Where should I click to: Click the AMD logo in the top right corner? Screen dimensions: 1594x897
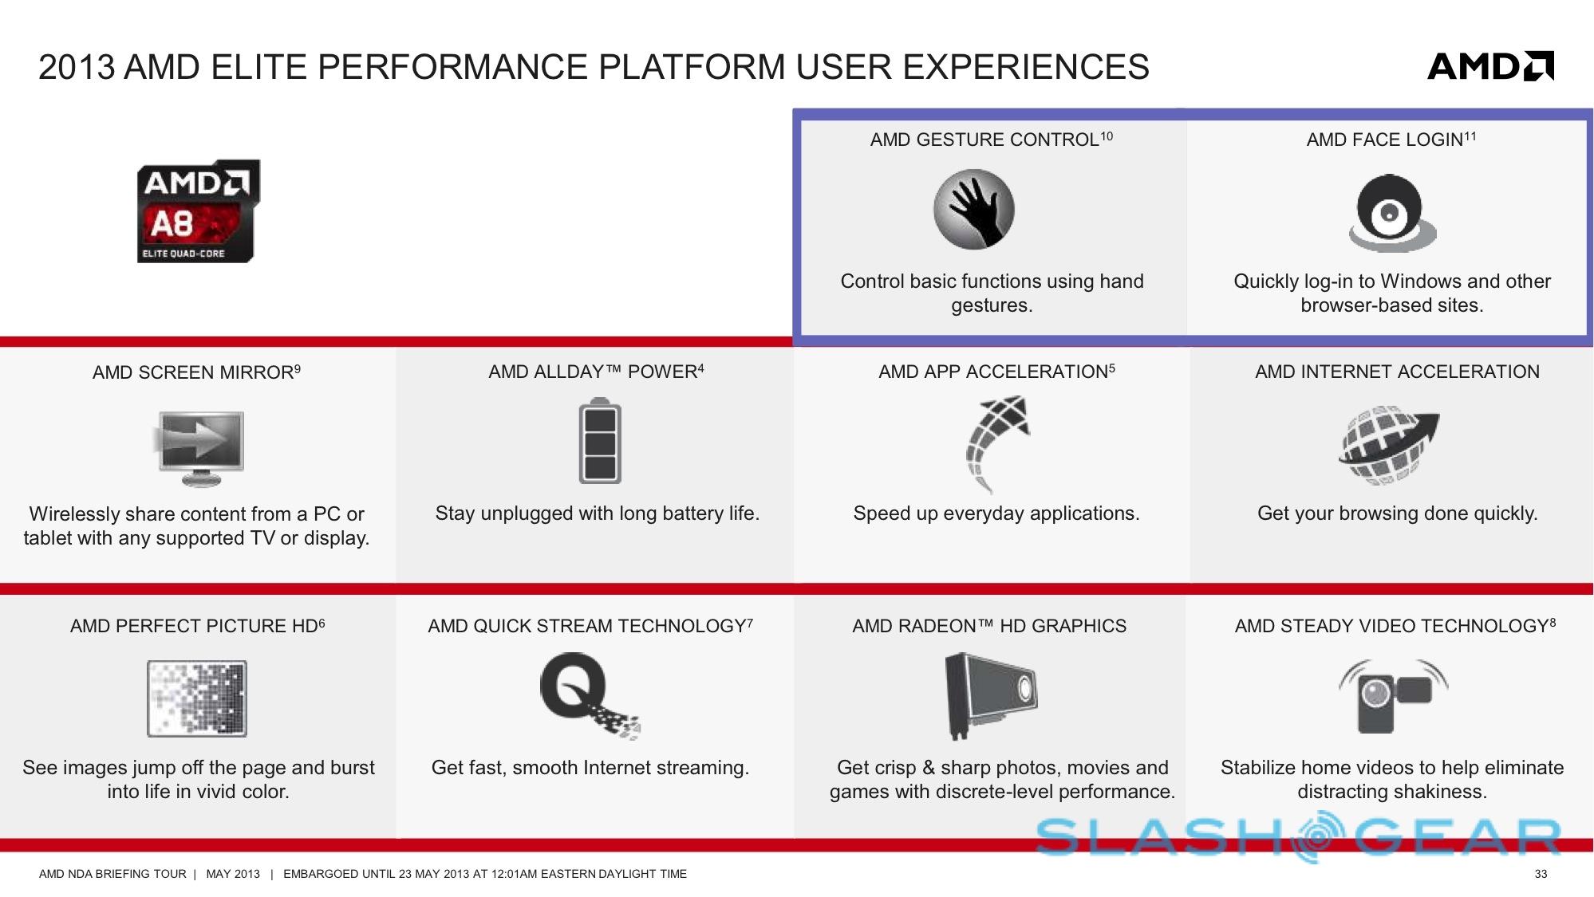click(1490, 66)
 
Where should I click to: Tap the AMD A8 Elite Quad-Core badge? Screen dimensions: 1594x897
click(199, 211)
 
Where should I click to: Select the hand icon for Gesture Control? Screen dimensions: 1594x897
click(974, 209)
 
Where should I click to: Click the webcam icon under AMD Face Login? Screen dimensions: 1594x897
click(1392, 212)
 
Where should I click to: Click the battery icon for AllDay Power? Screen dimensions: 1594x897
click(600, 441)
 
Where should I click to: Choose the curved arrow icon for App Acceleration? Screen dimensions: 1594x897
click(997, 444)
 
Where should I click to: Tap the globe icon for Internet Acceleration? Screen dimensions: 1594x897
click(1388, 445)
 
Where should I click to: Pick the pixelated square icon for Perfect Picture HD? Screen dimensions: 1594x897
click(197, 698)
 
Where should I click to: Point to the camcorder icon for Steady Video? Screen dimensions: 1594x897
click(1393, 695)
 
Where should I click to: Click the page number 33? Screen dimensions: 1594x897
click(1541, 874)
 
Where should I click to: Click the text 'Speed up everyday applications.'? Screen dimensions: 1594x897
click(996, 513)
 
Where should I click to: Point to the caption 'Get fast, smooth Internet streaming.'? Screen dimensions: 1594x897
click(590, 768)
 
